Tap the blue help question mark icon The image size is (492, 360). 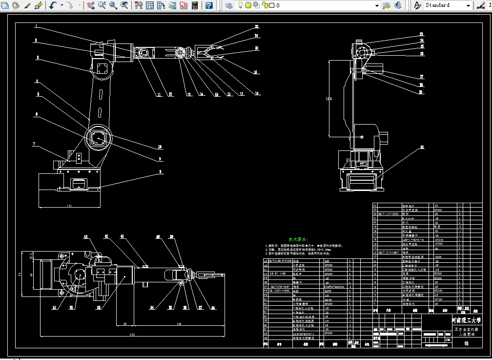(209, 5)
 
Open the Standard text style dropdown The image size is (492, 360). (447, 5)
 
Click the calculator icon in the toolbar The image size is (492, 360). (195, 5)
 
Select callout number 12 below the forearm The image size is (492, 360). (171, 94)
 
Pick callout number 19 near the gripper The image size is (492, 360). (256, 72)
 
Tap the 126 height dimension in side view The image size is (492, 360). (329, 99)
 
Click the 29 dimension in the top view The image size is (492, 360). (125, 324)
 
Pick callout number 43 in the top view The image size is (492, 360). (86, 236)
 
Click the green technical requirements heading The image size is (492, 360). (297, 239)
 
